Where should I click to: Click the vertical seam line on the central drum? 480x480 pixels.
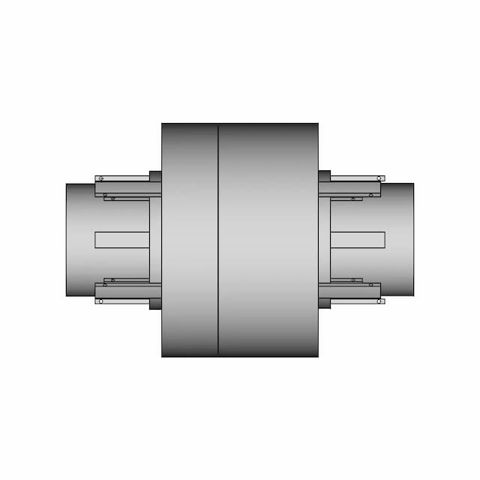(x=218, y=240)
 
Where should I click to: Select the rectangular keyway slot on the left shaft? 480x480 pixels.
(x=122, y=240)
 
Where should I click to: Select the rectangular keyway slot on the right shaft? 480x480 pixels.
(x=358, y=240)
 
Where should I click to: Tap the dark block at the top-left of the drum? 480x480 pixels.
(x=155, y=176)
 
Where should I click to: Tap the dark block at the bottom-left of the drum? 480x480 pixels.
(x=155, y=304)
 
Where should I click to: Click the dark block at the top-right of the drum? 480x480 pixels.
(x=325, y=176)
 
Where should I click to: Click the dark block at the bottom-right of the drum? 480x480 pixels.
(x=325, y=304)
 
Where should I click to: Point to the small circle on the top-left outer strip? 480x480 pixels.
(x=100, y=178)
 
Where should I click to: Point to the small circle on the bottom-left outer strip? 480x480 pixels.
(x=100, y=301)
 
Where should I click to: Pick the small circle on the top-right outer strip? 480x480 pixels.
(x=380, y=178)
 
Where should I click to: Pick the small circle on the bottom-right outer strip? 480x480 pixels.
(x=380, y=301)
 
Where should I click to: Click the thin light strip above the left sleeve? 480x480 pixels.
(x=124, y=178)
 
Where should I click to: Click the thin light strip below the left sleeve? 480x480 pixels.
(x=124, y=301)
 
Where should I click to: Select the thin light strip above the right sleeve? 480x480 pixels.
(x=356, y=178)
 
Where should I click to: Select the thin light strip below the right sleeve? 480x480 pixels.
(x=356, y=301)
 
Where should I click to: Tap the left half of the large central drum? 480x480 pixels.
(x=190, y=240)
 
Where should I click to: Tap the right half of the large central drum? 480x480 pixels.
(x=268, y=240)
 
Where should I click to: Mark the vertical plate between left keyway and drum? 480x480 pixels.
(x=155, y=240)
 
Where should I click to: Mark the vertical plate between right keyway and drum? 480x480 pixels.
(x=325, y=240)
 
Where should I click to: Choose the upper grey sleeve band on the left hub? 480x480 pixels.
(x=127, y=190)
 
